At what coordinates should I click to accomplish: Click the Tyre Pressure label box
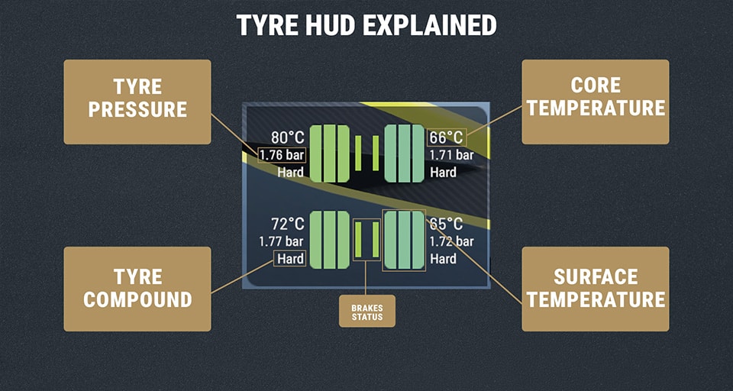click(137, 102)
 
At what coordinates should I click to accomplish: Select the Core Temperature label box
click(596, 102)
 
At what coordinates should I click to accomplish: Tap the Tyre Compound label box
click(137, 289)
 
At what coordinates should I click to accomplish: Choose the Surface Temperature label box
click(596, 289)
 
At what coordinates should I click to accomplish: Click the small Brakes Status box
click(367, 311)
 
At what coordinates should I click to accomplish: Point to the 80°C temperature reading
click(287, 138)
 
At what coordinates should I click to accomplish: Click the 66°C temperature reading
click(446, 138)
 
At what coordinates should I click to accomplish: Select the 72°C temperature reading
click(287, 225)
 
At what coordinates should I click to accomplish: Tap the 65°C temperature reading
click(447, 225)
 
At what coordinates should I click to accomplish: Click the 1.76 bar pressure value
click(282, 155)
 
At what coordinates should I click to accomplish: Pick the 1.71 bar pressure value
click(451, 155)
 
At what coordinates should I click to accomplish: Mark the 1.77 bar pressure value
click(282, 241)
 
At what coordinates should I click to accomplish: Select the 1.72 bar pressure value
click(451, 241)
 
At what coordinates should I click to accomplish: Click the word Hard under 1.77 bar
click(290, 259)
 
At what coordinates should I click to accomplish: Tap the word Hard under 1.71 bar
click(443, 173)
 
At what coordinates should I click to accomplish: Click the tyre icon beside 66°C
click(403, 153)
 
